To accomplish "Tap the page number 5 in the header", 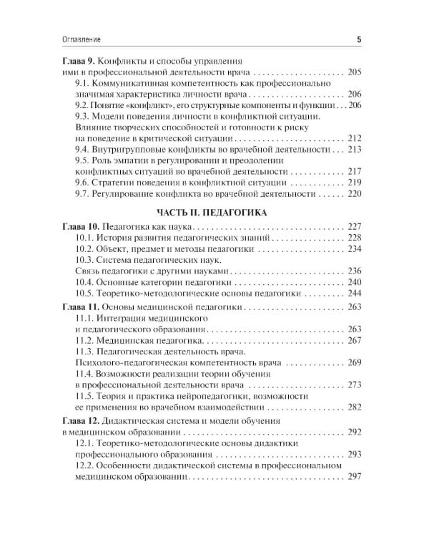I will [359, 39].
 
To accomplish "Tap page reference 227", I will [355, 226].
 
